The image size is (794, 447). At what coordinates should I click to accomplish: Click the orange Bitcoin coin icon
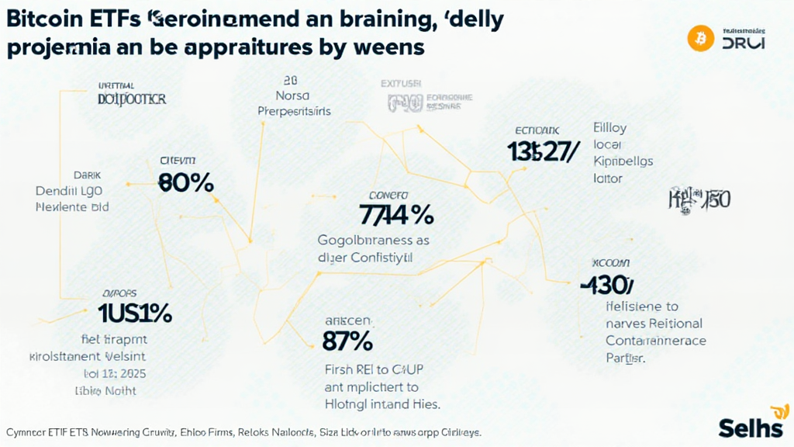tap(700, 38)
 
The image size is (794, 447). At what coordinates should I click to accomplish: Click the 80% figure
tap(185, 182)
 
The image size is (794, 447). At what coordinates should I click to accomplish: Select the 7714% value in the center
tap(396, 213)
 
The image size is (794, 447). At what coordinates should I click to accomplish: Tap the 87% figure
tap(347, 340)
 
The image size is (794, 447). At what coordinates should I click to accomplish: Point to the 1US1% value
tap(135, 313)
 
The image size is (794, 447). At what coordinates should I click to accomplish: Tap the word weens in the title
tap(388, 47)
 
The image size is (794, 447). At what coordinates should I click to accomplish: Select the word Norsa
tap(292, 96)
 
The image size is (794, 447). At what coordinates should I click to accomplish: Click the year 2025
tap(129, 372)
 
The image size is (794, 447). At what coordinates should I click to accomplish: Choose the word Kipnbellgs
tap(623, 161)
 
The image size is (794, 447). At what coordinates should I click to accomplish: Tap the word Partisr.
tap(626, 359)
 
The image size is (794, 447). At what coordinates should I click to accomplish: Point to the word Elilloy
tap(609, 127)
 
